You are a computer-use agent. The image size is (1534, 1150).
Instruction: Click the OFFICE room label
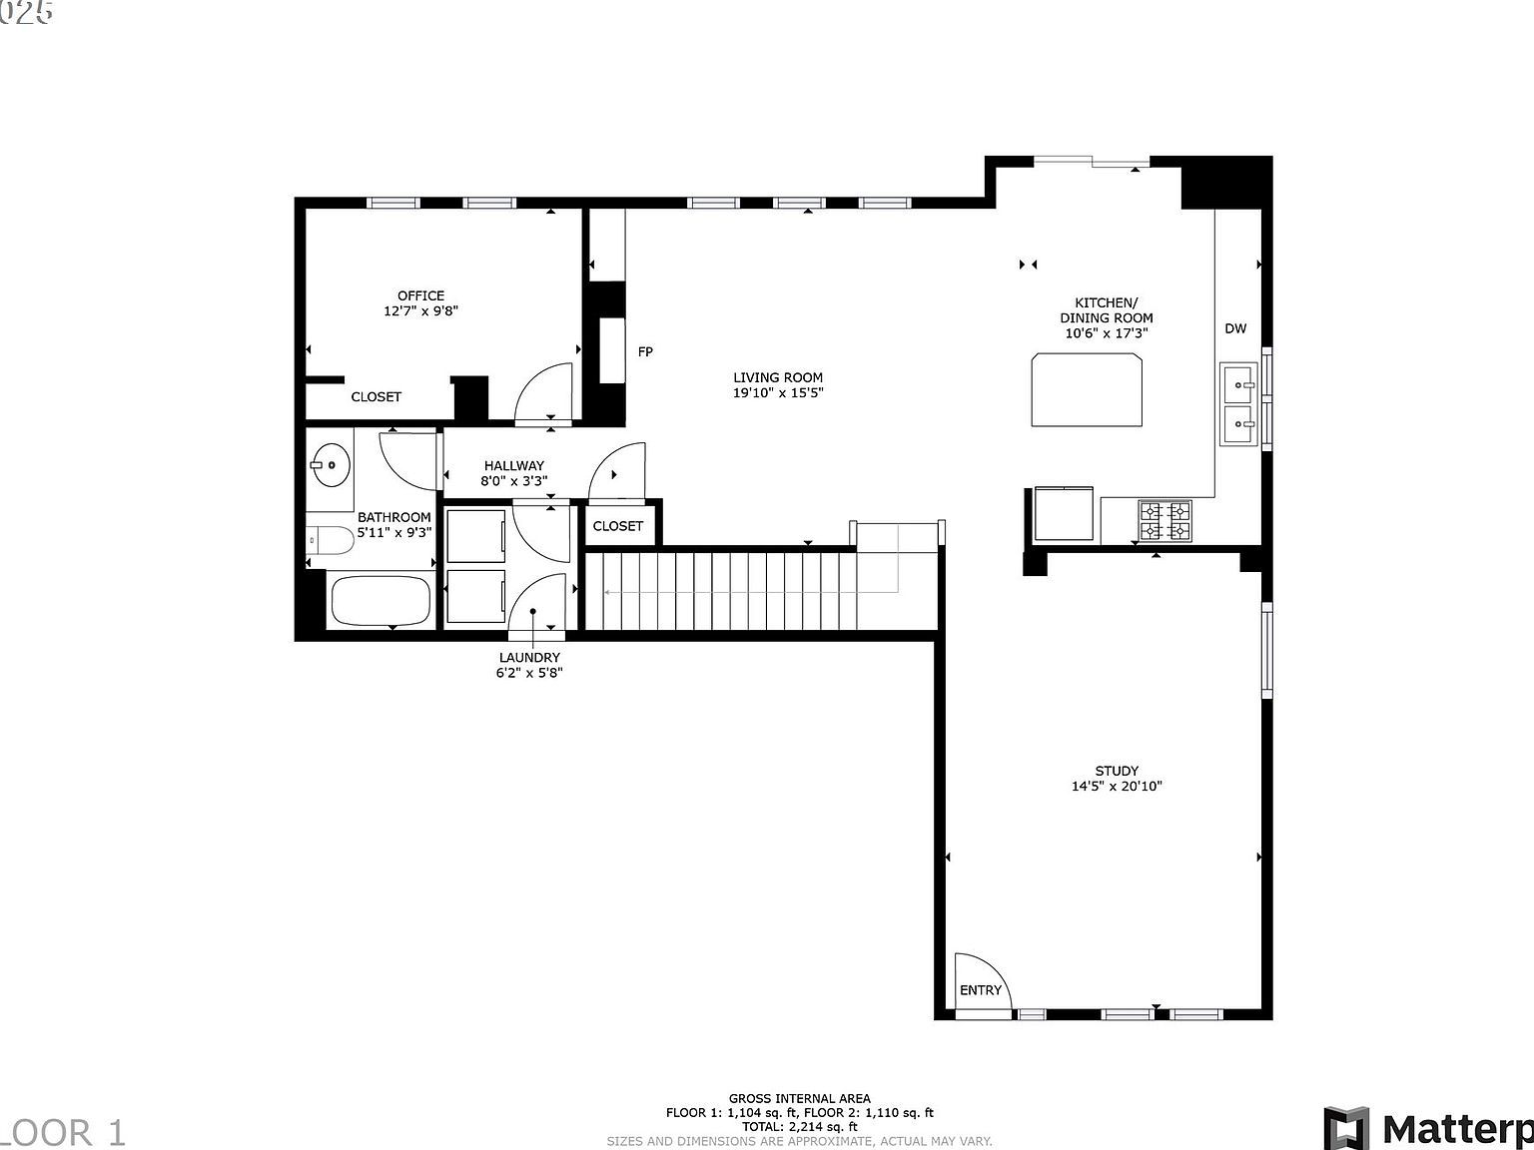420,295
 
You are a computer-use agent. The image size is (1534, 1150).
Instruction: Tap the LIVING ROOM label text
778,377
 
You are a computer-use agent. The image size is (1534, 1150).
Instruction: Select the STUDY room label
1117,771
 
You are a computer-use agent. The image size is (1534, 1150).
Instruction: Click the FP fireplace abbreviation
645,351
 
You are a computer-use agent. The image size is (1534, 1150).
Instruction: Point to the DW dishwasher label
1235,328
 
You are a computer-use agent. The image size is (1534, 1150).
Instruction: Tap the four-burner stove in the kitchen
1165,520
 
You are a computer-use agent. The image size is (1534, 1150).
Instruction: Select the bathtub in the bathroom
381,600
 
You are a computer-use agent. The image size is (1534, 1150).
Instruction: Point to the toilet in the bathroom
330,541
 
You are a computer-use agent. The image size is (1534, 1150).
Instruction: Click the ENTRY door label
980,990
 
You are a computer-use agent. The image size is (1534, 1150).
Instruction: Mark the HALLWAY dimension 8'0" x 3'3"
514,480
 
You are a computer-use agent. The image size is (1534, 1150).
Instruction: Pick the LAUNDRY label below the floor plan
529,657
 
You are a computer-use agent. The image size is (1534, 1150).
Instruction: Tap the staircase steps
719,591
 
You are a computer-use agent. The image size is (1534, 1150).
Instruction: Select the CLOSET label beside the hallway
618,526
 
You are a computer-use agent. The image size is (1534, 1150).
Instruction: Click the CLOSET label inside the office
377,396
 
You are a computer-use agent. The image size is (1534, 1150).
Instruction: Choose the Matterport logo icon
1347,1128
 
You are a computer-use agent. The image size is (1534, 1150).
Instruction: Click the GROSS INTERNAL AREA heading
799,1098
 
